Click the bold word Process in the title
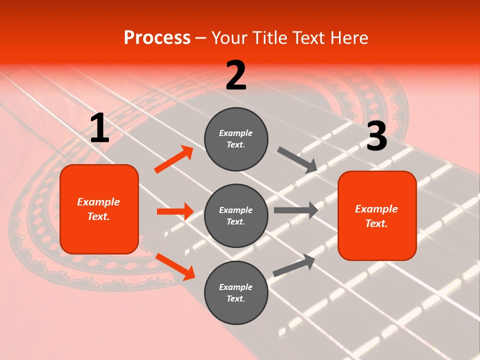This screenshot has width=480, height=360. click(157, 38)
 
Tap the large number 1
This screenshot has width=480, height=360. click(99, 128)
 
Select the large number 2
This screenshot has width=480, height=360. click(236, 75)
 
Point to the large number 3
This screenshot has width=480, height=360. click(376, 136)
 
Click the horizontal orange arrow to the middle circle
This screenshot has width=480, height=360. click(175, 211)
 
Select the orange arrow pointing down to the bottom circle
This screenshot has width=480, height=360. click(175, 266)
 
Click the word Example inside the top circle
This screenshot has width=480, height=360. click(236, 133)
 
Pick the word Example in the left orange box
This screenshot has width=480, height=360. click(98, 202)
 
